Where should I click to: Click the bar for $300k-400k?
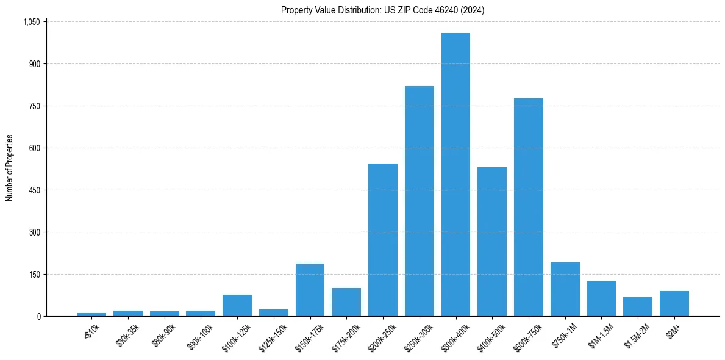click(x=455, y=175)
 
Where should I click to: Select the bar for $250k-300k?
click(x=420, y=201)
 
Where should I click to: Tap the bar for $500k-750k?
click(x=529, y=207)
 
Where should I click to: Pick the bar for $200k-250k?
click(x=383, y=240)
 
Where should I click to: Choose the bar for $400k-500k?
click(x=492, y=242)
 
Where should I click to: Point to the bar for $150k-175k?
click(x=310, y=290)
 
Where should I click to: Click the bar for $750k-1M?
click(x=565, y=289)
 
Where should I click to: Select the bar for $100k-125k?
click(x=237, y=306)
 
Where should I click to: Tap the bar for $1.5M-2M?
click(x=638, y=307)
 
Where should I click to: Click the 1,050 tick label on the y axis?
click(x=31, y=22)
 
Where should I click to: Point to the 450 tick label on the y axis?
click(x=35, y=190)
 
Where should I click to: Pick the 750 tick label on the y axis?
click(x=35, y=106)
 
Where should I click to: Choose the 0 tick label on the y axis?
click(x=38, y=317)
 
